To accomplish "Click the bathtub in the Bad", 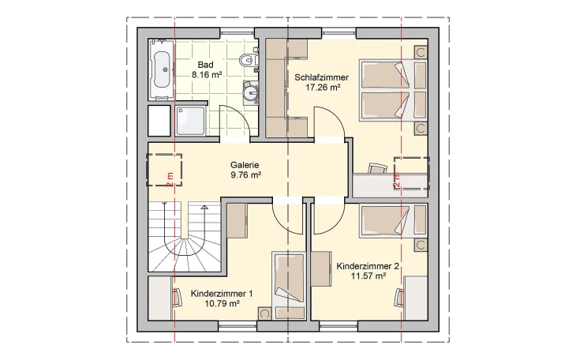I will coord(163,70).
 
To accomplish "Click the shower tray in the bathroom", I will coord(189,121).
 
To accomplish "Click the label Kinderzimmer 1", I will coord(222,294).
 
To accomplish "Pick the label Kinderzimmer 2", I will coord(368,266).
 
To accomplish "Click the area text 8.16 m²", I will coord(206,75).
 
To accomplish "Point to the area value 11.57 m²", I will coord(368,276).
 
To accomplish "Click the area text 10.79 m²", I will coord(222,304).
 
